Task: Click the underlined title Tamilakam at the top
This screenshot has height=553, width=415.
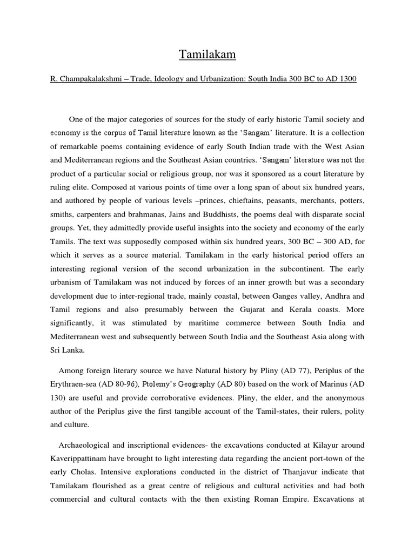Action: point(207,55)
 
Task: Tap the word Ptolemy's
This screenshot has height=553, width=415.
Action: point(159,383)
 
